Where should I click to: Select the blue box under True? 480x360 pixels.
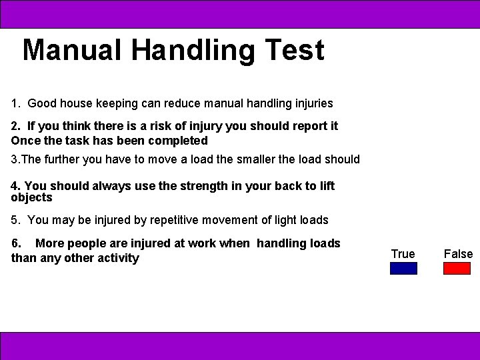coord(403,268)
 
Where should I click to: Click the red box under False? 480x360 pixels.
coord(457,268)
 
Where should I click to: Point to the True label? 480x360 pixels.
coord(403,254)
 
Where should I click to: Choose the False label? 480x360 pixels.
coord(458,254)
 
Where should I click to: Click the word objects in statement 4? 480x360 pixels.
coord(31,197)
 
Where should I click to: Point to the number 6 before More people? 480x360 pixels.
coord(15,243)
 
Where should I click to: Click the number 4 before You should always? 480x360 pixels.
coord(15,186)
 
